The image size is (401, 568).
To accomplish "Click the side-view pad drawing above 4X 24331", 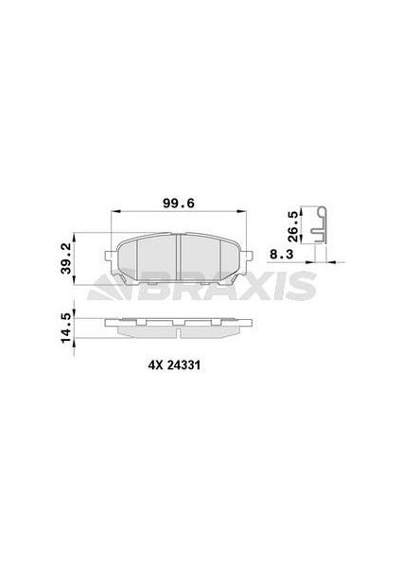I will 180,324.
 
